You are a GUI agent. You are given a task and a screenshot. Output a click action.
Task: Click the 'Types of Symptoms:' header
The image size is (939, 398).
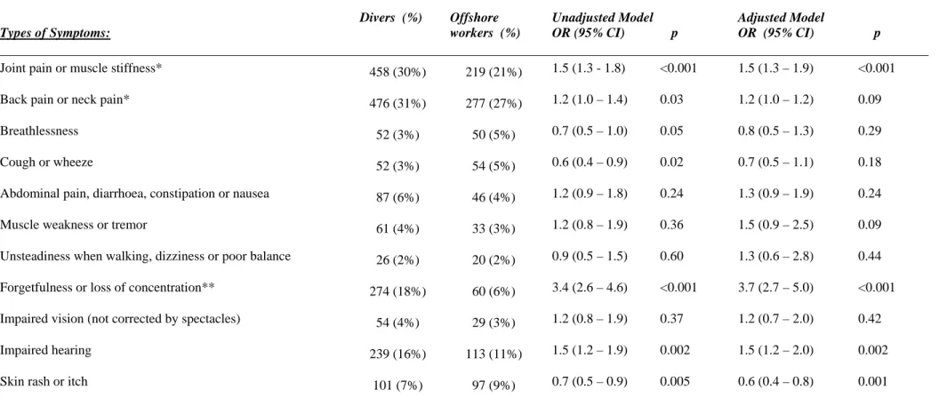coord(55,34)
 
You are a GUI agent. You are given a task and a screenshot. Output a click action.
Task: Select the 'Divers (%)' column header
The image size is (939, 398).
coord(391,18)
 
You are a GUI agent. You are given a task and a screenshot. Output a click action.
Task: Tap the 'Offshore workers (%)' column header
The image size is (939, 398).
coord(485,26)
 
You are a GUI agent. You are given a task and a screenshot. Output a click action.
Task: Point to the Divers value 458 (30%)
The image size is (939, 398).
coord(397,73)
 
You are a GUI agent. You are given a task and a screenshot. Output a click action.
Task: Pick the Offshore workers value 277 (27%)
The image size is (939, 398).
coord(494,104)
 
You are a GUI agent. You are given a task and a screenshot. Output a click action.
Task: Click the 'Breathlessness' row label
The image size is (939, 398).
coord(39,131)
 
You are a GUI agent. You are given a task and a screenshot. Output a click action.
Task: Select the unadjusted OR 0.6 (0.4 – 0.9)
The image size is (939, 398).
coord(590,163)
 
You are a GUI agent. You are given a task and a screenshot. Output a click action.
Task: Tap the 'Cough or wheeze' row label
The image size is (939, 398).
coord(46,163)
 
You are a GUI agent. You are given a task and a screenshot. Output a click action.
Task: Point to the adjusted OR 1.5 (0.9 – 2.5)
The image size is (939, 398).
coord(775,225)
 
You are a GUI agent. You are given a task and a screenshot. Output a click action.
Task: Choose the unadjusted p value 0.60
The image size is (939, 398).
coord(670,256)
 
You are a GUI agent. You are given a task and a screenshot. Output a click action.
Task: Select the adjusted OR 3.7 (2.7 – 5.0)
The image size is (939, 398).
coord(775,287)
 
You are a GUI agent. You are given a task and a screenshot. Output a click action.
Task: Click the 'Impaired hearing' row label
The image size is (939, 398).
coord(45,349)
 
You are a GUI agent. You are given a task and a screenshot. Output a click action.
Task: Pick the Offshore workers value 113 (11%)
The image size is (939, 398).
coord(494,354)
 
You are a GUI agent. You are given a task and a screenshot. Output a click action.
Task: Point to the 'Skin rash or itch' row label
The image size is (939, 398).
coord(44,381)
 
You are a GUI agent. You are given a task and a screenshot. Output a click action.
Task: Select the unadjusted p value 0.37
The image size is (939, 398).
coord(670,318)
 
